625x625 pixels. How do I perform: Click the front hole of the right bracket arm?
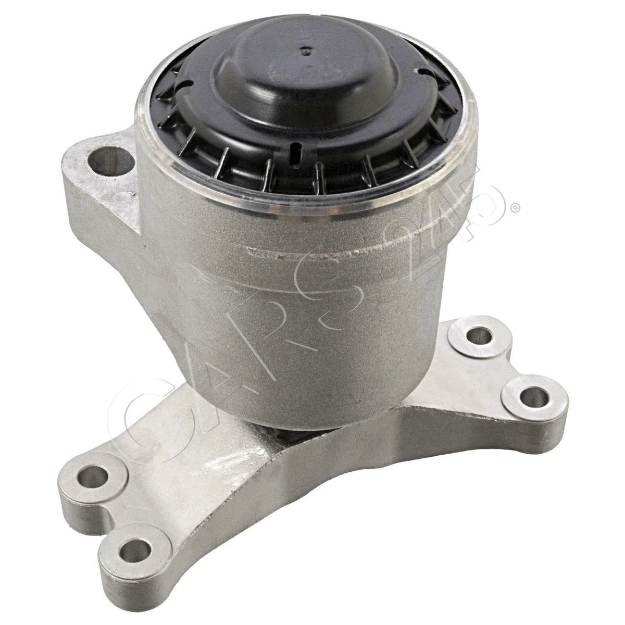[x=530, y=397]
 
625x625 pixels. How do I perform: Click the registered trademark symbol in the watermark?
[x=515, y=208]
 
